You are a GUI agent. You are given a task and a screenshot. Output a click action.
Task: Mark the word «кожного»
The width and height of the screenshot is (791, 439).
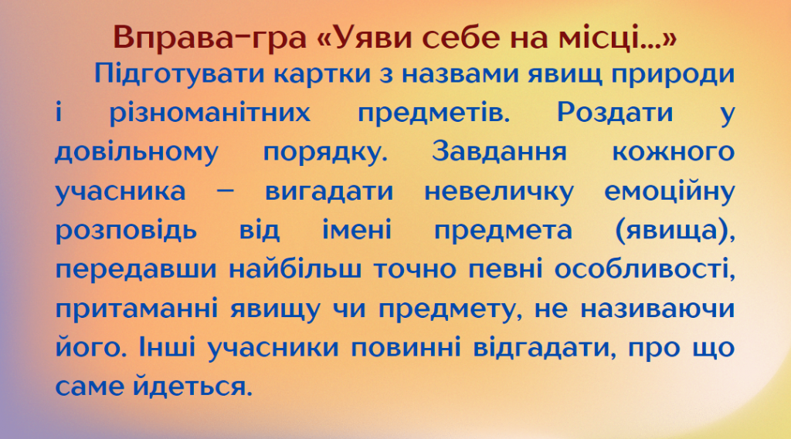point(673,151)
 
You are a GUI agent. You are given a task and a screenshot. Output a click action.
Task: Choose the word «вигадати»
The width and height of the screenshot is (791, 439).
point(331,191)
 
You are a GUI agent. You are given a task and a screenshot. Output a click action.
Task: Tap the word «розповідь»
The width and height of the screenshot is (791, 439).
point(126,230)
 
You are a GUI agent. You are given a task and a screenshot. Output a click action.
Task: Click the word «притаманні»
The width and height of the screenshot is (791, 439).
point(137,309)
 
